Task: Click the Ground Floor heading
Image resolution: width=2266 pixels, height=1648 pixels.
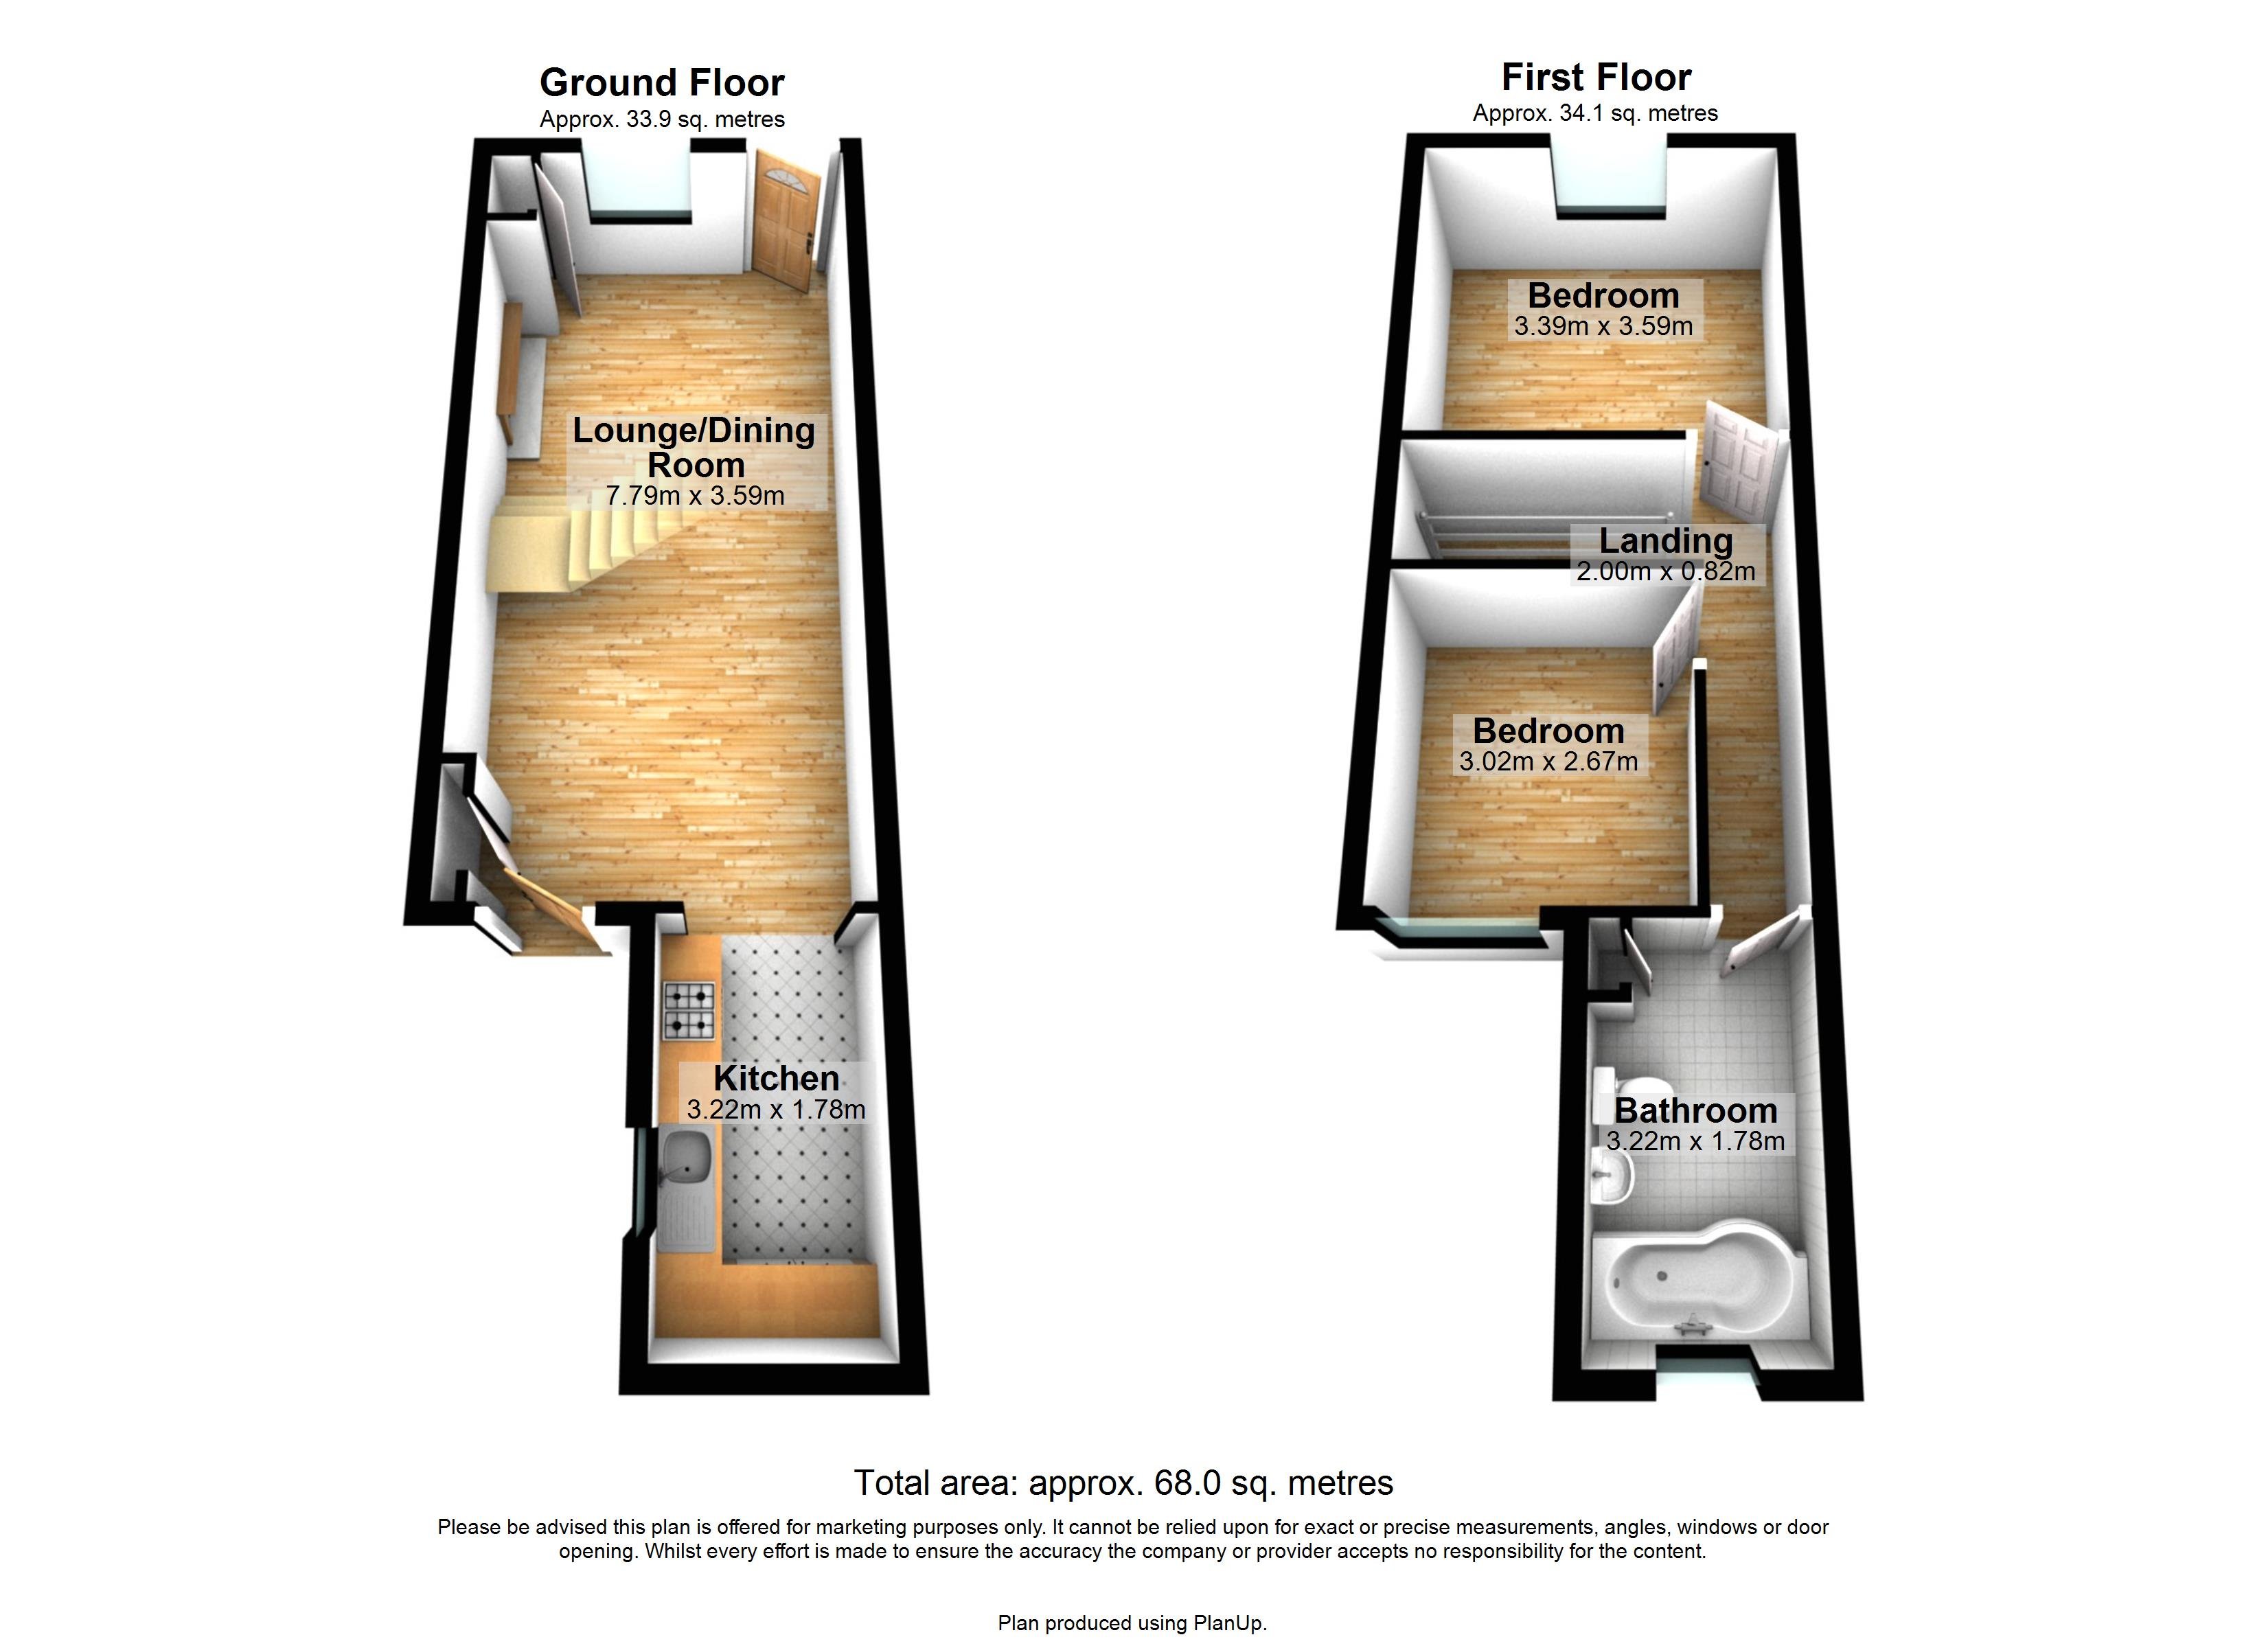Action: (x=661, y=82)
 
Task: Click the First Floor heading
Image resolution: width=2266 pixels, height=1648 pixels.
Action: (x=1596, y=77)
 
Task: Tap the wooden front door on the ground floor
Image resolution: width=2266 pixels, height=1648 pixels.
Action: (x=786, y=220)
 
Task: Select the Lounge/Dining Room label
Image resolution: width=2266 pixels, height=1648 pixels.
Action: (x=694, y=447)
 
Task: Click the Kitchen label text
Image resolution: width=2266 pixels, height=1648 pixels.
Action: (x=777, y=1078)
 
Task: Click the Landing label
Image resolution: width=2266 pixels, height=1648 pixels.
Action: (x=1666, y=540)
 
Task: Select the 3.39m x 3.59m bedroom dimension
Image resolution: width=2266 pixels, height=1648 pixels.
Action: (x=1603, y=325)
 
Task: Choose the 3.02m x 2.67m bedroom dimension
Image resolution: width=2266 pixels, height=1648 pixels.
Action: (x=1548, y=762)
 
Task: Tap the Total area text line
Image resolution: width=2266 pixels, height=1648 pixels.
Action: (x=1123, y=1482)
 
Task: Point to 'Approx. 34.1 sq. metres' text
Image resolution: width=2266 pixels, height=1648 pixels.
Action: (x=1594, y=113)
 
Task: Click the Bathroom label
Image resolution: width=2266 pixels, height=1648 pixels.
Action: (x=1695, y=1110)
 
